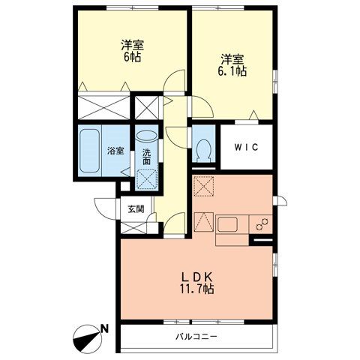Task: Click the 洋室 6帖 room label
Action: click(133, 51)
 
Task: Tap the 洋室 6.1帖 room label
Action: click(232, 65)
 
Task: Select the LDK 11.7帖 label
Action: click(196, 283)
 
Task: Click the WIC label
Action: click(246, 147)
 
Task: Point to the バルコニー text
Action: click(196, 336)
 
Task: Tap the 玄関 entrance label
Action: click(136, 209)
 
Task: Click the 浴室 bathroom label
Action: click(115, 151)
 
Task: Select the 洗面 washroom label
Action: click(146, 157)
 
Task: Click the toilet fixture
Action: click(204, 150)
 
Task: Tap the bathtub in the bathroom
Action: click(89, 151)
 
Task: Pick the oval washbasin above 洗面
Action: click(147, 136)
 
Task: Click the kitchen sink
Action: click(227, 224)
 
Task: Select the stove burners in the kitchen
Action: click(262, 224)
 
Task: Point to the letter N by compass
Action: click(104, 328)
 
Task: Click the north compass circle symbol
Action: click(87, 339)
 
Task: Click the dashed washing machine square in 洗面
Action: click(148, 180)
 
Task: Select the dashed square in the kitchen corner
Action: click(204, 186)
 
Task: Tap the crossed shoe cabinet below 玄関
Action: click(133, 228)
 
